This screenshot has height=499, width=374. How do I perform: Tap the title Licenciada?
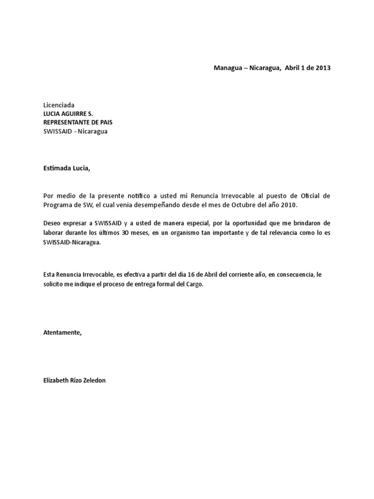tap(59, 105)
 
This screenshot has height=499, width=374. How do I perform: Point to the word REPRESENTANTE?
tap(68, 122)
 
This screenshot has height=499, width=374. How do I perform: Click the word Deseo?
tap(53, 222)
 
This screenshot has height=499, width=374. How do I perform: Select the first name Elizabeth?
tap(56, 380)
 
